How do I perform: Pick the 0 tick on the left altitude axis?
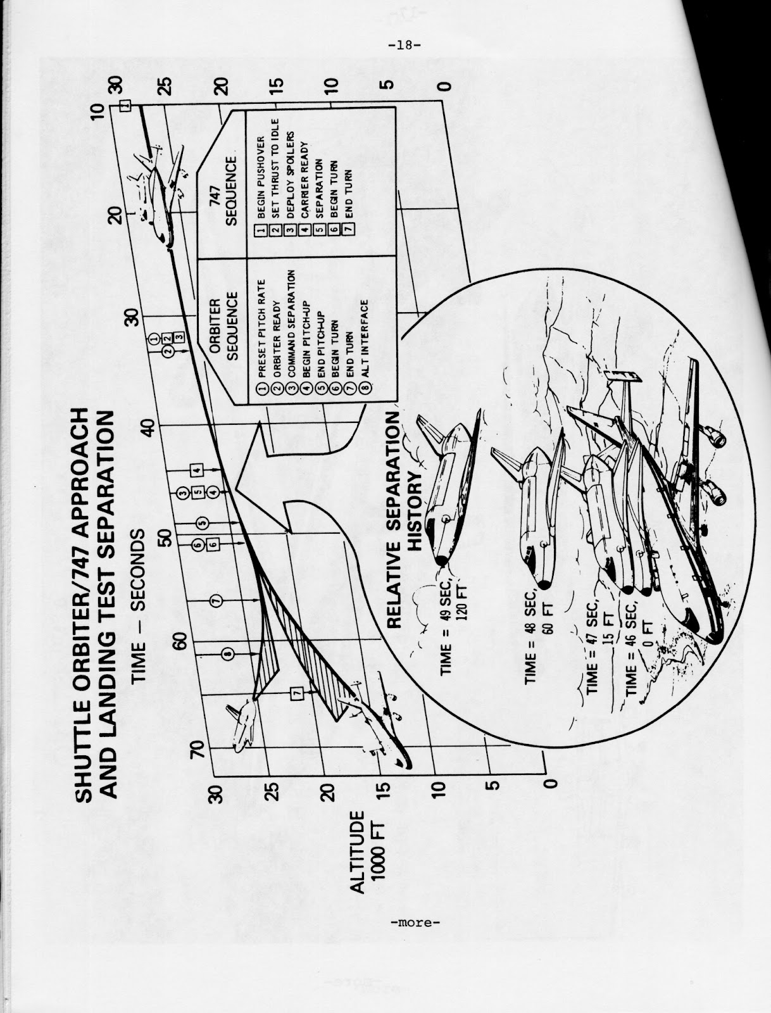click(x=550, y=783)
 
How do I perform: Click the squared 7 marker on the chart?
click(x=296, y=693)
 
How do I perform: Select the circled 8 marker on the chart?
click(x=226, y=653)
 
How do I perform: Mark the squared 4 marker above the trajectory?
click(x=196, y=469)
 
